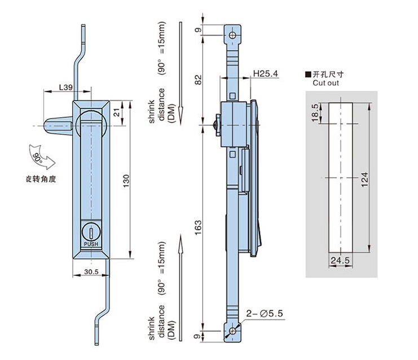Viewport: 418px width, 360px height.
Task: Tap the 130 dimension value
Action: [x=127, y=180]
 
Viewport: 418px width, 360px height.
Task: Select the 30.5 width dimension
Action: [x=91, y=271]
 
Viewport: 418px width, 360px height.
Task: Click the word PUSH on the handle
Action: [x=91, y=244]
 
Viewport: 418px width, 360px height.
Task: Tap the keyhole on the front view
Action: [x=91, y=232]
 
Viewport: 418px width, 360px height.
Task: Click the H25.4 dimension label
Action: [x=266, y=74]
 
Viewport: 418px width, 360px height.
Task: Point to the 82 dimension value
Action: [x=197, y=79]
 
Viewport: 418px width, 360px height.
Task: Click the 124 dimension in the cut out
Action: [x=365, y=179]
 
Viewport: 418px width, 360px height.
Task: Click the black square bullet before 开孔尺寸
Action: [x=307, y=74]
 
